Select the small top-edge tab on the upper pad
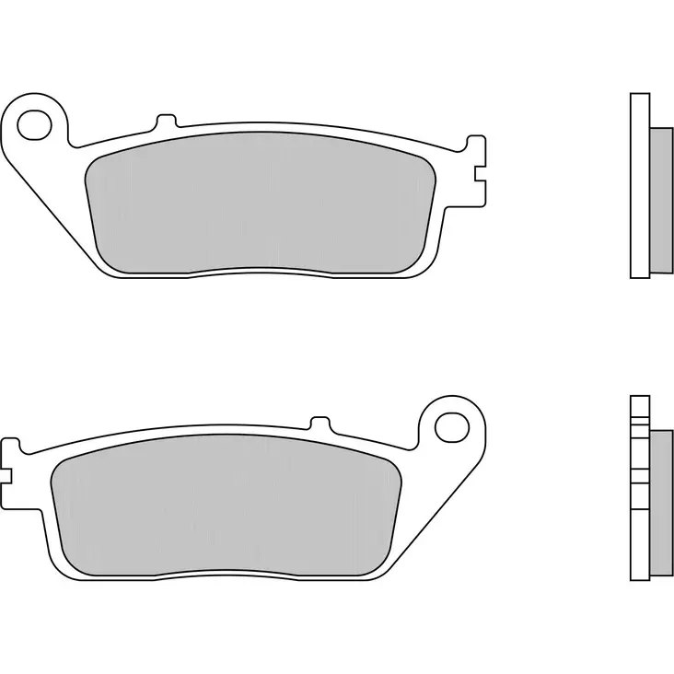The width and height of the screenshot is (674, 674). tap(166, 121)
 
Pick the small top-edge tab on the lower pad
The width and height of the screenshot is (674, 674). tap(320, 424)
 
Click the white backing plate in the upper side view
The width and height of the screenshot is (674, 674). tap(639, 184)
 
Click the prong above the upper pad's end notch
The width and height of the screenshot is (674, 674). tap(476, 147)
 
